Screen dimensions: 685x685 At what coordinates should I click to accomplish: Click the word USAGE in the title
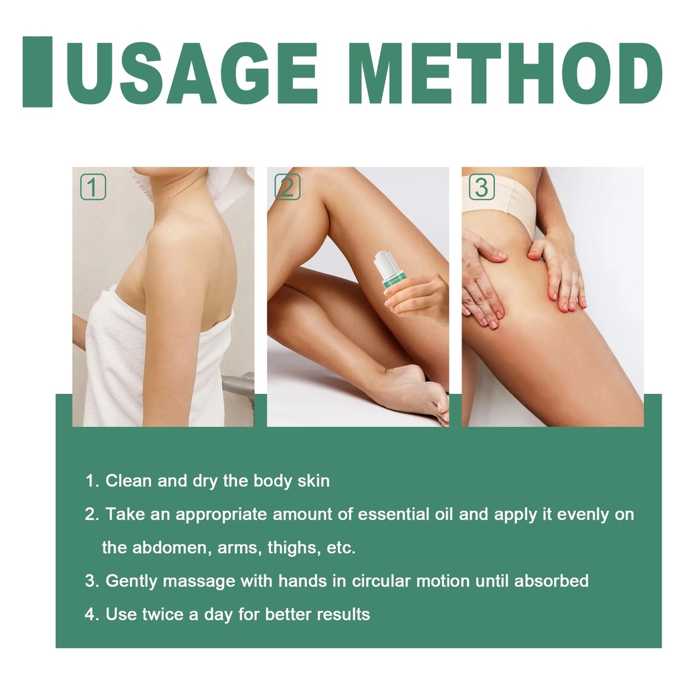pyautogui.click(x=193, y=72)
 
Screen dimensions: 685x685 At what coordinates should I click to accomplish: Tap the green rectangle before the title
pyautogui.click(x=37, y=72)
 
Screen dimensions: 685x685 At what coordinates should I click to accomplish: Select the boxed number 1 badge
pyautogui.click(x=93, y=187)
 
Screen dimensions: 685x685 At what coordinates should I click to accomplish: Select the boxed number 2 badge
pyautogui.click(x=288, y=187)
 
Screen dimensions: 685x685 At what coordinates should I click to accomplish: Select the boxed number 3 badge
pyautogui.click(x=482, y=187)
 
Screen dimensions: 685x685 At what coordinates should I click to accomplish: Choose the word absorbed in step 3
pyautogui.click(x=551, y=581)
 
